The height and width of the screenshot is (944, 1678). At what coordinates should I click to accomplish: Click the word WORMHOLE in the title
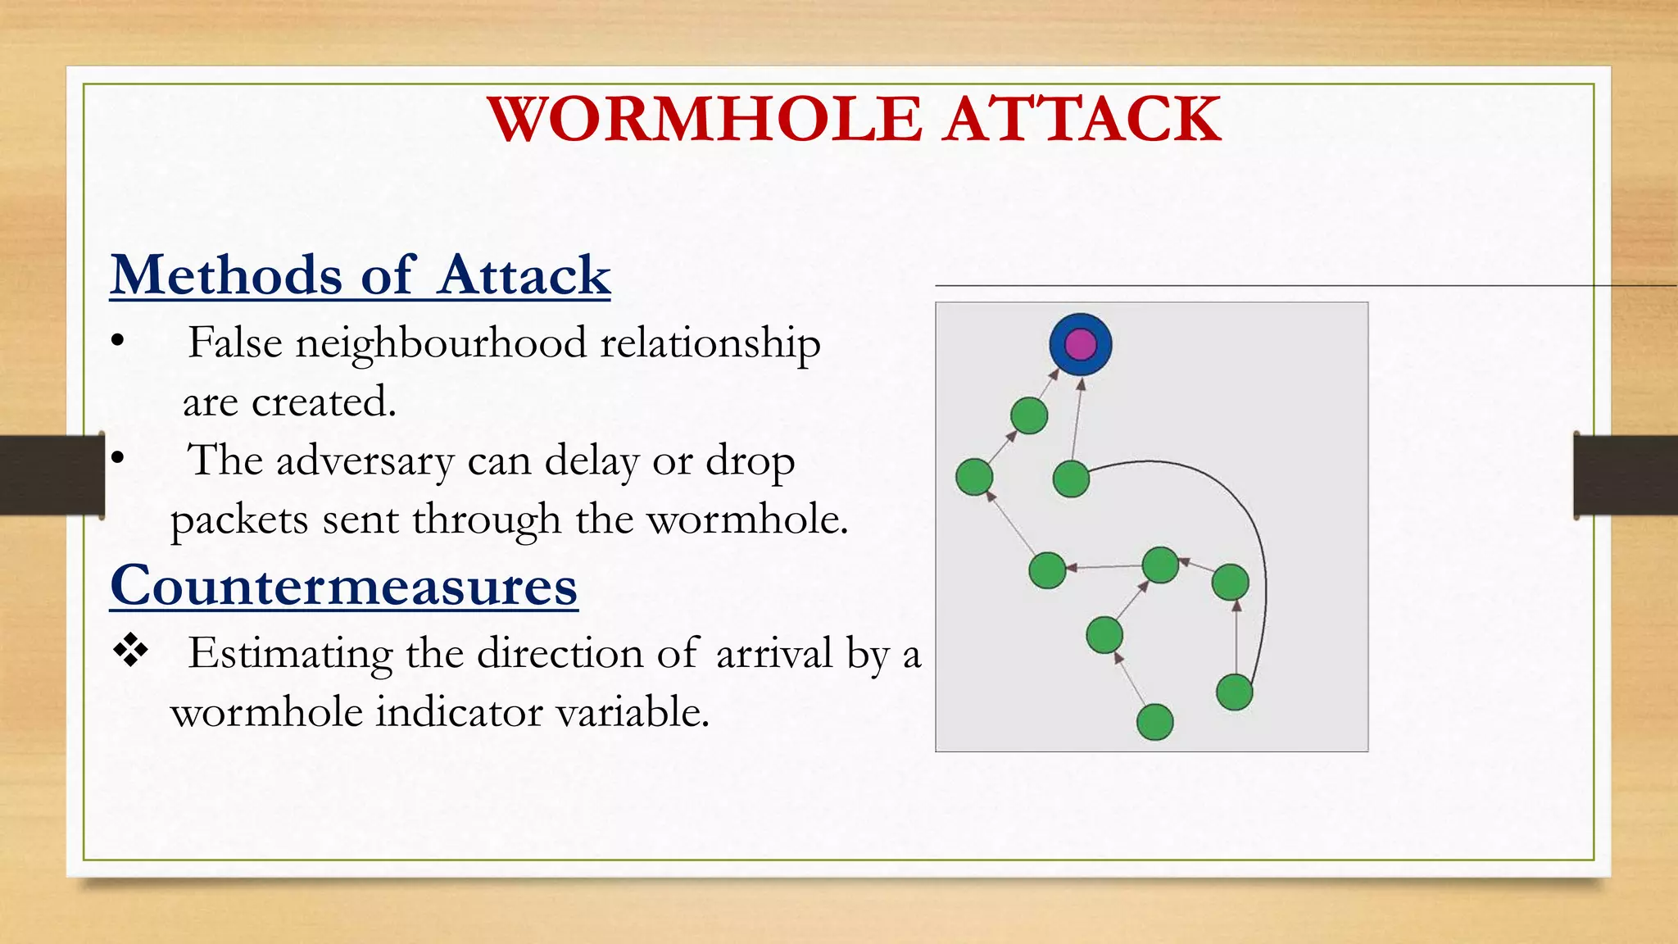coord(705,120)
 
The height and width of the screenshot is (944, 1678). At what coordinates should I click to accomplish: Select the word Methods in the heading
coord(226,275)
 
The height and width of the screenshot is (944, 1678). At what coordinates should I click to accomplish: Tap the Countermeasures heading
coord(344,587)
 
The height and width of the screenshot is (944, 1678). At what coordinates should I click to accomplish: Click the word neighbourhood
coord(441,343)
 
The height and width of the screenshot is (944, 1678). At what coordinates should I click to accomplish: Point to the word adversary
coord(365,461)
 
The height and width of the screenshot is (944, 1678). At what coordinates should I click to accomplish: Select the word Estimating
coord(290,655)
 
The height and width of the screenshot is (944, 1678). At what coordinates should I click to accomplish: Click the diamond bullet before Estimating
coord(130,651)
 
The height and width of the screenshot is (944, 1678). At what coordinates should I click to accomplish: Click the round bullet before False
coord(118,342)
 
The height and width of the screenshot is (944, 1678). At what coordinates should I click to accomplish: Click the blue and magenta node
coord(1081,344)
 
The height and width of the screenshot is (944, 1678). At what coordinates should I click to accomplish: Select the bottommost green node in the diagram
coord(1155,722)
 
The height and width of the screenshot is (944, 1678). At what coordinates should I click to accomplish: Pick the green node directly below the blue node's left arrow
coord(1029,415)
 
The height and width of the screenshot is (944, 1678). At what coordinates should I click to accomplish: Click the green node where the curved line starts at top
coord(1071,479)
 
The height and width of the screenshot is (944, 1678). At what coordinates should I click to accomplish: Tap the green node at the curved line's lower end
coord(1234,692)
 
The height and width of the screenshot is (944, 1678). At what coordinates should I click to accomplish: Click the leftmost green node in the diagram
coord(974,477)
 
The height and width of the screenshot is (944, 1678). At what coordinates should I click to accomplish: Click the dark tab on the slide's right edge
coord(1626,475)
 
